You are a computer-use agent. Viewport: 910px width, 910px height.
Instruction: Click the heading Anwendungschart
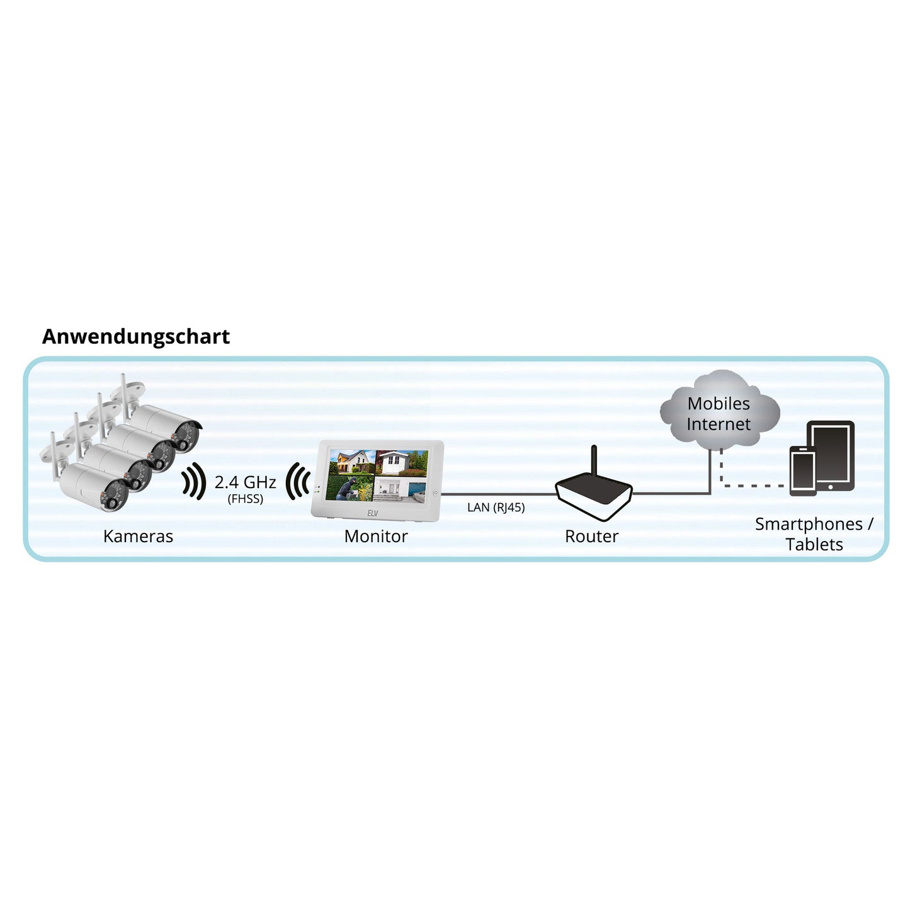(x=136, y=337)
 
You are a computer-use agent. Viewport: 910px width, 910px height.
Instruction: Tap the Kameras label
(x=138, y=536)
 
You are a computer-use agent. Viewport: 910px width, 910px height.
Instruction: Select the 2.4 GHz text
(x=245, y=482)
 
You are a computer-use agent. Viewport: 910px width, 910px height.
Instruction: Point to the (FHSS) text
(x=245, y=499)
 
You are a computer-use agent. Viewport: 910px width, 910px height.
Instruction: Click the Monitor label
(x=375, y=536)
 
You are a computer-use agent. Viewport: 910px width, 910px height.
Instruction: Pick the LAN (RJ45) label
(x=496, y=508)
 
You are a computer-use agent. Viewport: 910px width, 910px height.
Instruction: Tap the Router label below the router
(x=591, y=536)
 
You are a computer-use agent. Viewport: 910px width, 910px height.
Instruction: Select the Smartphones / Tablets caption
(x=814, y=534)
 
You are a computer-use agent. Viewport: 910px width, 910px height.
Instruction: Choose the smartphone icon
(x=803, y=470)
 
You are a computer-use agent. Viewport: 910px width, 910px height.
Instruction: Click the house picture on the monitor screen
(x=351, y=462)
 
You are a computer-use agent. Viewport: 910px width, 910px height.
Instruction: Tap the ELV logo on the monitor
(x=373, y=513)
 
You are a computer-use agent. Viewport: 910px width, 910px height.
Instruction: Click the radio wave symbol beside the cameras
(x=194, y=481)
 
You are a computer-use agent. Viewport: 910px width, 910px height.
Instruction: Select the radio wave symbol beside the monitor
(x=297, y=481)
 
